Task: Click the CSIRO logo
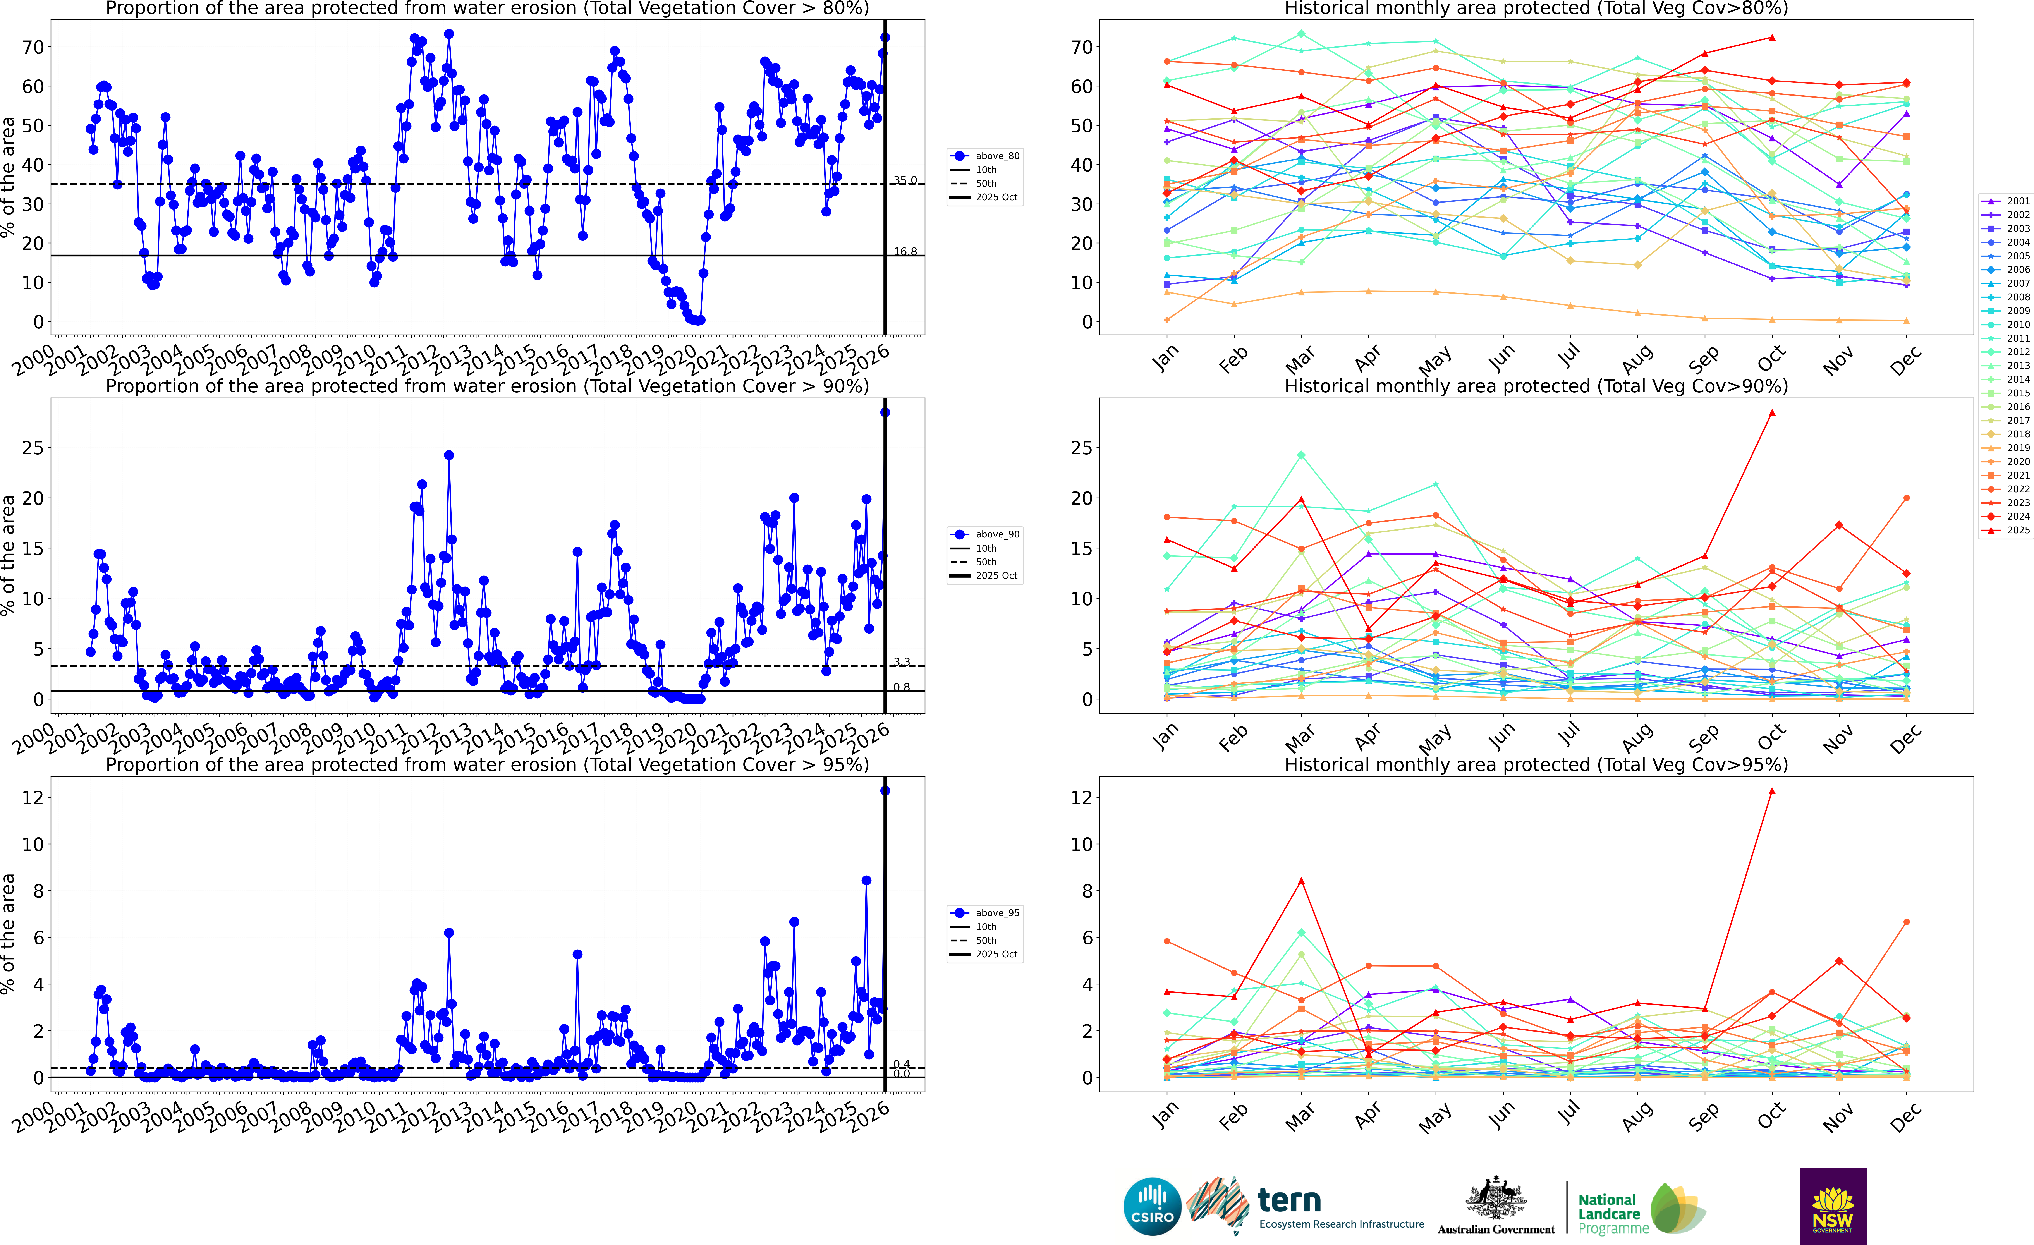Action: pos(1152,1206)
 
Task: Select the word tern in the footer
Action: pos(1289,1200)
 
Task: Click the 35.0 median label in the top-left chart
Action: pos(905,180)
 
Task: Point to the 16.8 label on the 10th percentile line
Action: pos(905,252)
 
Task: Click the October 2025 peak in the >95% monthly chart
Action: pos(1771,791)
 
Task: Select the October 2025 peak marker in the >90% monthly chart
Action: pos(1771,413)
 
